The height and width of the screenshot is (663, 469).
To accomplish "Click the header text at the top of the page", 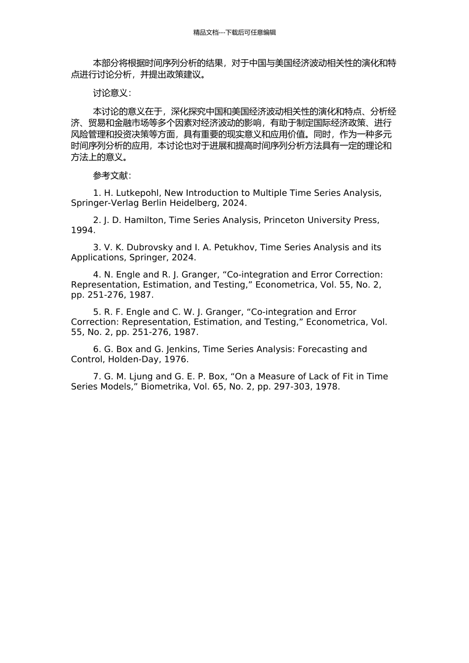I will tap(234, 33).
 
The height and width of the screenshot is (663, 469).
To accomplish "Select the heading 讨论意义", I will tap(112, 93).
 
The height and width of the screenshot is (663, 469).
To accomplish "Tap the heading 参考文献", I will tap(112, 176).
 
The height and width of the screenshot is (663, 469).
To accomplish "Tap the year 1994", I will tap(82, 230).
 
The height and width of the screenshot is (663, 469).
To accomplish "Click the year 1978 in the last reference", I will tap(329, 387).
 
